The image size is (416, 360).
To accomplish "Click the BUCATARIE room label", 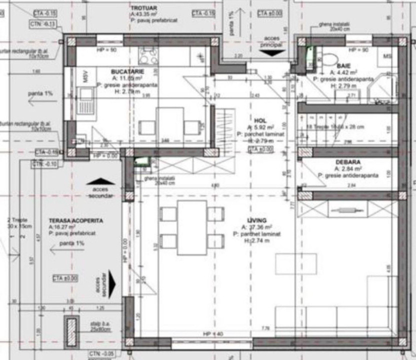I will point(124,71).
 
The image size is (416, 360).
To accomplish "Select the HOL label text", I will point(260,120).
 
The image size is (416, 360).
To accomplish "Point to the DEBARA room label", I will point(348,162).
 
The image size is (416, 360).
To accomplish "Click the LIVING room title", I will point(256,220).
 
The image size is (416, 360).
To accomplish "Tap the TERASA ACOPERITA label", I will point(76,220).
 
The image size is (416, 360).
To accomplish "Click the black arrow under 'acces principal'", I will point(272,52).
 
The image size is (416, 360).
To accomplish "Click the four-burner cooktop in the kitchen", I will point(148,56).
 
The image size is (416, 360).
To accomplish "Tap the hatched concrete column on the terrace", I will point(72,332).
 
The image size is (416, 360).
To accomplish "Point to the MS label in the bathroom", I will point(387,56).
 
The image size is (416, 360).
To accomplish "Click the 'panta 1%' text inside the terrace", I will point(71,243).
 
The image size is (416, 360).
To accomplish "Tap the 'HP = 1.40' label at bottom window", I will point(212,333).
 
